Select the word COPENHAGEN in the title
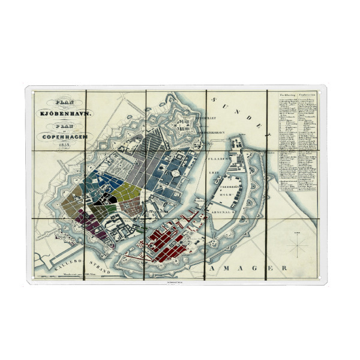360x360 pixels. pos(62,137)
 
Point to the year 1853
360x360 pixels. pos(62,146)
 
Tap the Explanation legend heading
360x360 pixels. pos(308,95)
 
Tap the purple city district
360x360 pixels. pos(90,227)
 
